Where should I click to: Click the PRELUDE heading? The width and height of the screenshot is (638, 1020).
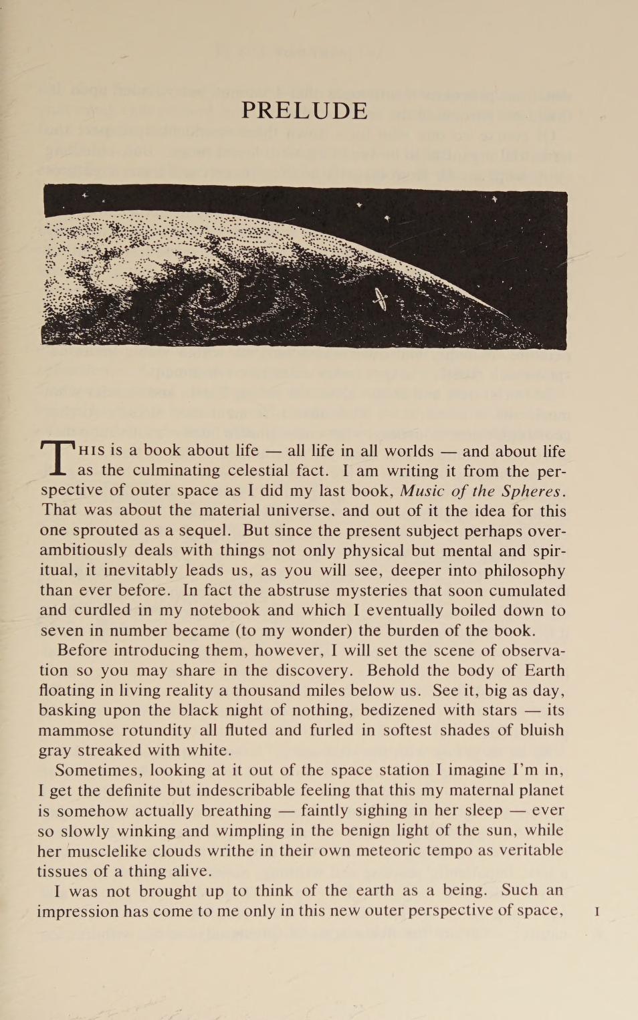(x=304, y=110)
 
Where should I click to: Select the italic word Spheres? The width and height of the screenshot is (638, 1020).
(x=534, y=491)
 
